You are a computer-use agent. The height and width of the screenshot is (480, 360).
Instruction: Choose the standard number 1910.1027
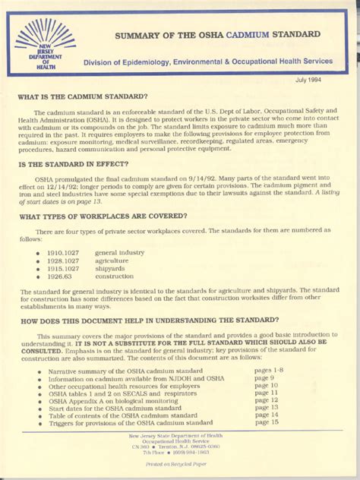tap(63, 251)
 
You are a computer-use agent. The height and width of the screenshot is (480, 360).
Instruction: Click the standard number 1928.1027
tap(63, 260)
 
